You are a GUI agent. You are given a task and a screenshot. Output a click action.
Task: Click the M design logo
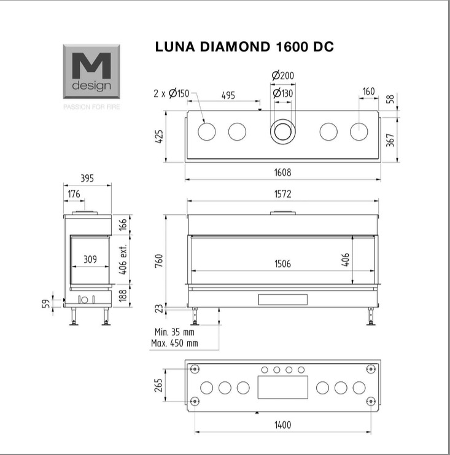click(x=91, y=71)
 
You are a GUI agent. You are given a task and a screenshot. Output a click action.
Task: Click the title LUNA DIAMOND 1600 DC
click(x=244, y=47)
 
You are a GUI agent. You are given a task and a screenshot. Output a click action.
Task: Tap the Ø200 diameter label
click(x=283, y=76)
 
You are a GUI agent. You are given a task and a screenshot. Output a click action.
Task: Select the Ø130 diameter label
click(x=283, y=93)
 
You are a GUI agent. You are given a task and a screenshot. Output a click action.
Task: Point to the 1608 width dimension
click(x=282, y=173)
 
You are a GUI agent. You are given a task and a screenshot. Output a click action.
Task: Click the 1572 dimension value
click(x=282, y=194)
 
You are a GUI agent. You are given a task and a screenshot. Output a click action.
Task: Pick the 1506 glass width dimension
click(x=282, y=264)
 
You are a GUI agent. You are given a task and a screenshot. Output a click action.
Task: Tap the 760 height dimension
click(x=159, y=260)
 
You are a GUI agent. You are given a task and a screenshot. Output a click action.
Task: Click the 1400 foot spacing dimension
click(x=282, y=425)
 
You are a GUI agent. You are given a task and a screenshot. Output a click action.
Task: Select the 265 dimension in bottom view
click(x=158, y=385)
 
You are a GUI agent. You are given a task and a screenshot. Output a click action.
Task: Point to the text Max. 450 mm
click(x=174, y=343)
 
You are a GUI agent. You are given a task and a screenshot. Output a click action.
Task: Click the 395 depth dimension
click(x=87, y=178)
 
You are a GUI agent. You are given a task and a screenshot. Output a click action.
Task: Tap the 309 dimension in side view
click(x=90, y=259)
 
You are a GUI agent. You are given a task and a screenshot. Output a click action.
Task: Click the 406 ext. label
click(x=123, y=259)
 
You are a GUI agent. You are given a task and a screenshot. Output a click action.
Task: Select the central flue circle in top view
click(x=283, y=131)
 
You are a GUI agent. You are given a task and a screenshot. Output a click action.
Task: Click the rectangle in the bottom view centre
click(x=283, y=387)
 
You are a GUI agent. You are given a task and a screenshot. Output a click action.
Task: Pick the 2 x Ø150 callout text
click(x=171, y=93)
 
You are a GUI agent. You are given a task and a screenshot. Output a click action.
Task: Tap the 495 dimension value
click(x=228, y=95)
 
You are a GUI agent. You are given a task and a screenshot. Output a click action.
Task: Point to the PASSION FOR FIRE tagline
click(x=91, y=107)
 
